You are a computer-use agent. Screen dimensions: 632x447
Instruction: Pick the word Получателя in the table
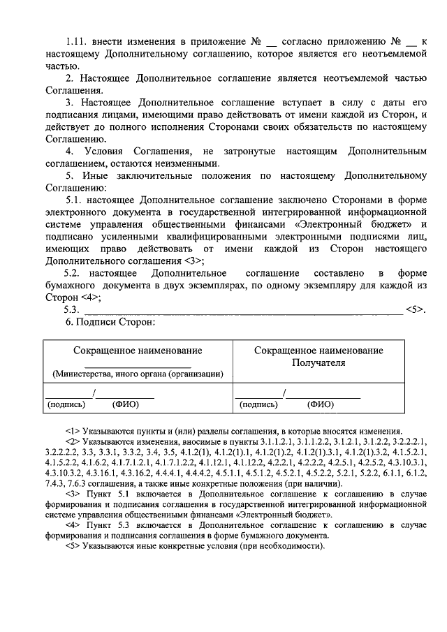click(x=318, y=362)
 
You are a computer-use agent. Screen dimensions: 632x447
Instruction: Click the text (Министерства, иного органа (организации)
click(x=138, y=374)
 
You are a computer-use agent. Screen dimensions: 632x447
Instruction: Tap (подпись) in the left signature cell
click(x=66, y=404)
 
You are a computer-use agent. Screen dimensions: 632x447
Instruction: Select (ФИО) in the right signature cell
click(x=321, y=404)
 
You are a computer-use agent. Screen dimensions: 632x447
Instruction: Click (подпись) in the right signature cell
click(x=259, y=404)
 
